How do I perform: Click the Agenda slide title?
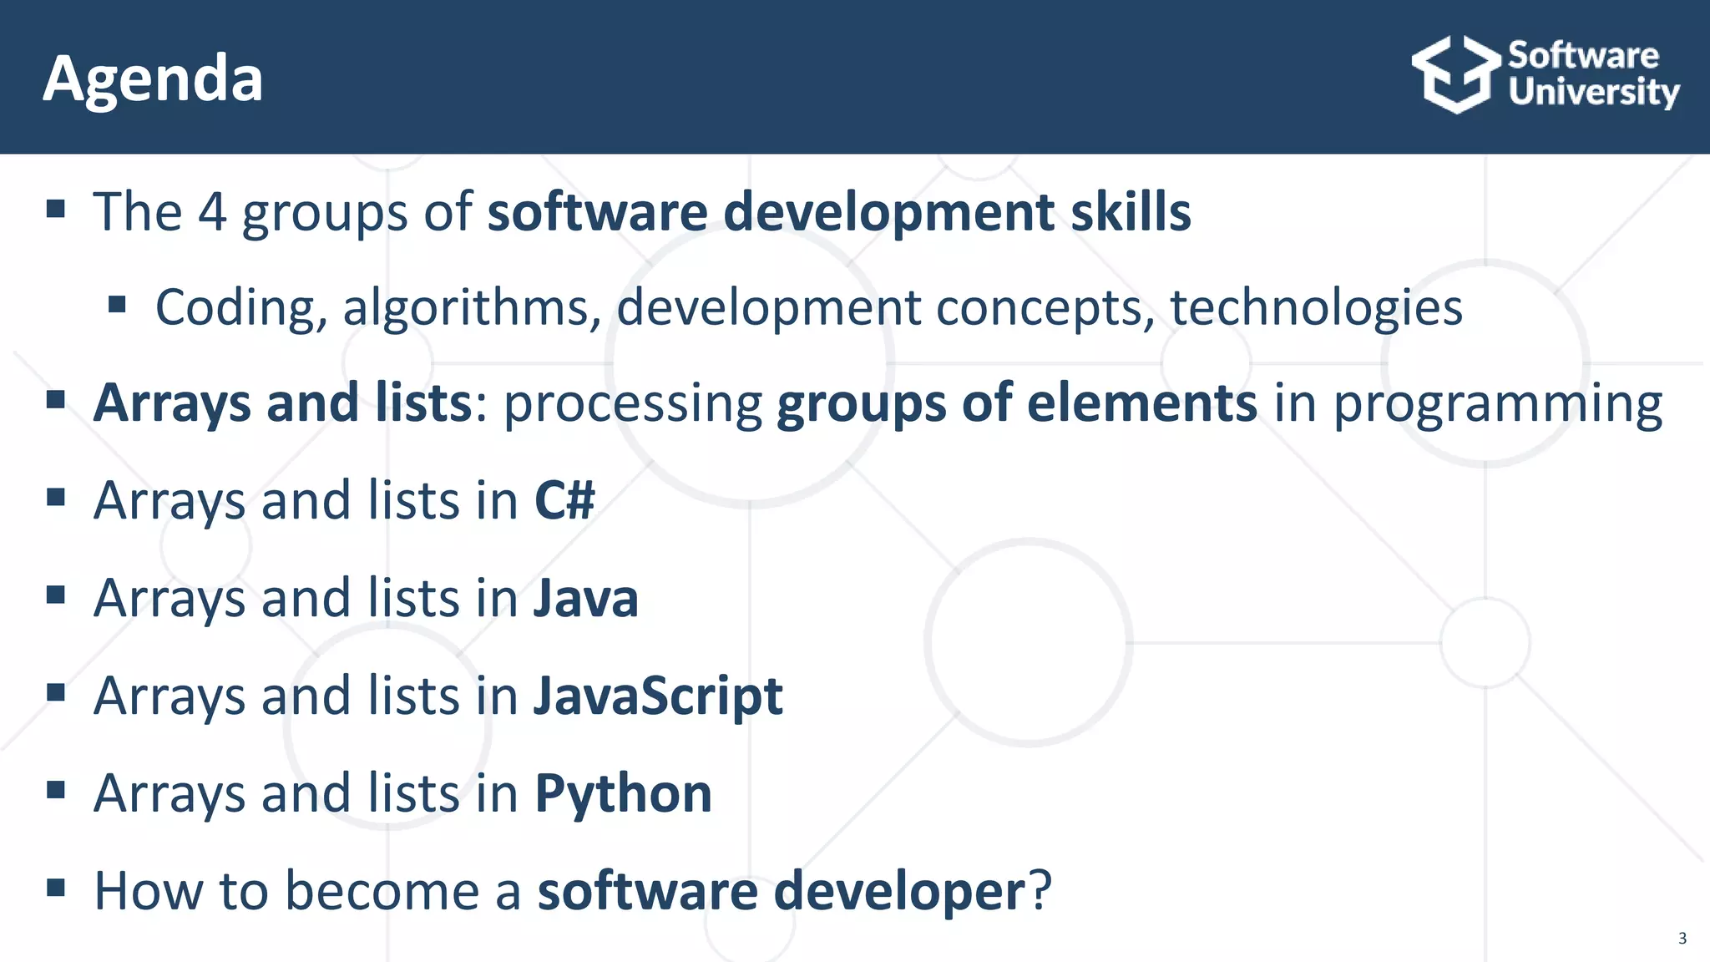coord(153,78)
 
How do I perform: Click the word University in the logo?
coord(1593,92)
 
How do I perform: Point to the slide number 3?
coord(1682,939)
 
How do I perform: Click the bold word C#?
coord(564,501)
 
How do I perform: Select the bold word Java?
coord(586,599)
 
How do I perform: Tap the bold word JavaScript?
coord(658,696)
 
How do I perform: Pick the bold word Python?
coord(623,793)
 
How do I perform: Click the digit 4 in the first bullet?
coord(212,212)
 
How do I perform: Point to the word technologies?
coord(1316,308)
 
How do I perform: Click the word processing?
coord(633,404)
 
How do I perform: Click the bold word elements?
coord(1141,404)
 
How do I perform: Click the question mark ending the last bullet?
coord(1040,891)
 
